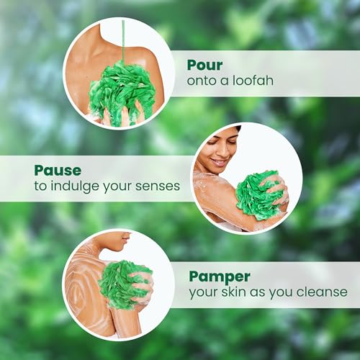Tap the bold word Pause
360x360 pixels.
(58, 171)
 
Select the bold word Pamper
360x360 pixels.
(220, 276)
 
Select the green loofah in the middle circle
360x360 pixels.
(258, 194)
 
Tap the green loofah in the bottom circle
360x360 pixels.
(123, 284)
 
